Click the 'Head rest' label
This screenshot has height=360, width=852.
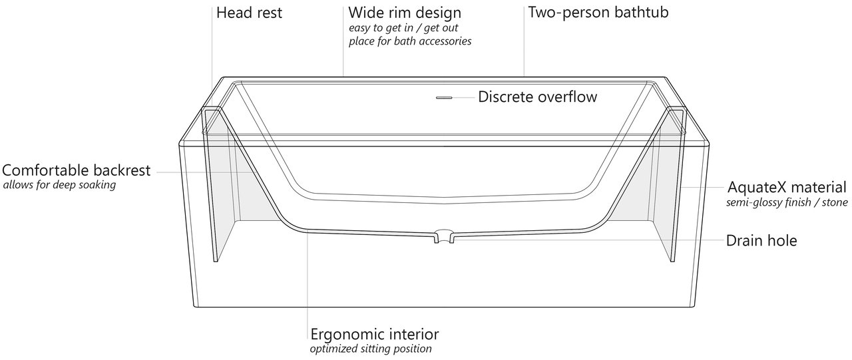pos(249,13)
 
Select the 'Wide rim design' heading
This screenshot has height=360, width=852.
pos(404,13)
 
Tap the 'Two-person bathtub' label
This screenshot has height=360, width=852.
pos(598,13)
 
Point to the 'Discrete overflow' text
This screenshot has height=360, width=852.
pos(537,97)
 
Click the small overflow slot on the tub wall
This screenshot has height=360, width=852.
pos(444,98)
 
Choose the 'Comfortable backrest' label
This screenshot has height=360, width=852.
pos(77,171)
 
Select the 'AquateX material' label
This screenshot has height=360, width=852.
pos(787,188)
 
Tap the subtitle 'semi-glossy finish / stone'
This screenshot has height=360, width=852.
pos(787,203)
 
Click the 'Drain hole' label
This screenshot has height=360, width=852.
pos(761,241)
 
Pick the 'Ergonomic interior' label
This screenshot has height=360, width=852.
pos(375,334)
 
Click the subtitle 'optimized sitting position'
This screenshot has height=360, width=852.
pos(371,349)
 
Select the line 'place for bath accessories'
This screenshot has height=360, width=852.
pos(410,41)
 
